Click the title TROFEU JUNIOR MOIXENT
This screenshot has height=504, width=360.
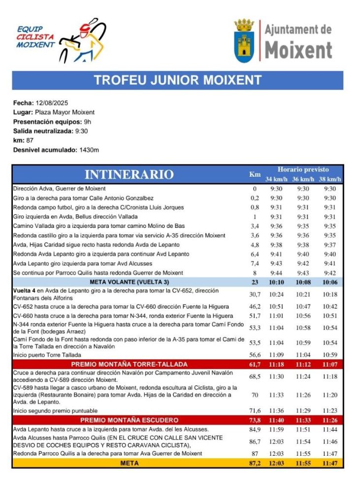pos(177,80)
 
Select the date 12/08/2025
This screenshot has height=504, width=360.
pos(52,103)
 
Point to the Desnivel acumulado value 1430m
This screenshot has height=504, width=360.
pos(89,150)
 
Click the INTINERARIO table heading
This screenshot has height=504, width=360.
pos(129,174)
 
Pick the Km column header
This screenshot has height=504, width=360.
pos(255,174)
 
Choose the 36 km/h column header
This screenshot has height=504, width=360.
pos(303,179)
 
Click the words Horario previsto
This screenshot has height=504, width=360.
pos(303,169)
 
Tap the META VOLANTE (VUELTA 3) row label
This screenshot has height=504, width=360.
pos(130,283)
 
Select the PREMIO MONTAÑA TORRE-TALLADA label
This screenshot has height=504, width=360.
pos(130,364)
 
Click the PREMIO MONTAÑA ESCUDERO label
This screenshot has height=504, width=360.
pos(130,420)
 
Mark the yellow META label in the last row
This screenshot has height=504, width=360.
pos(130,463)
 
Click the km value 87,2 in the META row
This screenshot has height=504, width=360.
pos(255,463)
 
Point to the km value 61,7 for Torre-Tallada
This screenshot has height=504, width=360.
pos(255,364)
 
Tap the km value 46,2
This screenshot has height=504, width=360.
pos(255,306)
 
